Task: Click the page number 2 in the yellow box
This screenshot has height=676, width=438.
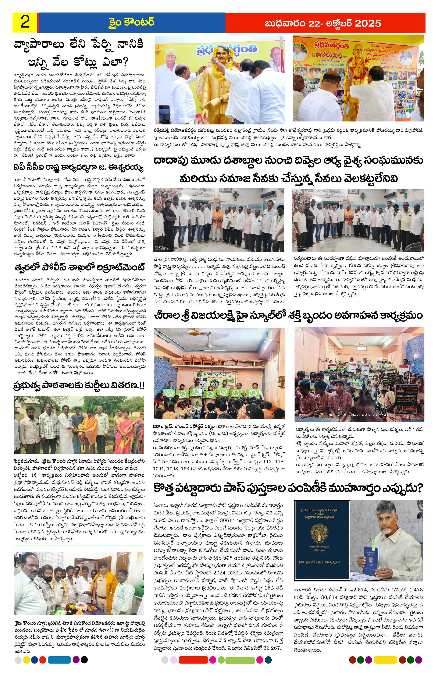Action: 25,22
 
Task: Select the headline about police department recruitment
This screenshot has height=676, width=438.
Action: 79,268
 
